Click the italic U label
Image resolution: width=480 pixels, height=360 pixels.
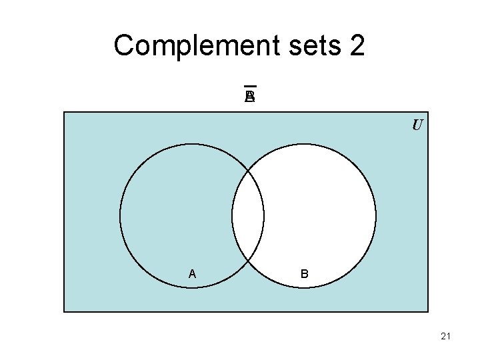tap(417, 125)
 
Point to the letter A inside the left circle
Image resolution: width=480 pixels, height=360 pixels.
tap(192, 273)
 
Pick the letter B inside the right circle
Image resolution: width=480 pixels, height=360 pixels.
tap(304, 273)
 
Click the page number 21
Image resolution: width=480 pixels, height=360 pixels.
tap(446, 337)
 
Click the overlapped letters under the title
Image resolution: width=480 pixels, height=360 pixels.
tap(250, 97)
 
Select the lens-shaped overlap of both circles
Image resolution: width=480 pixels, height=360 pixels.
tap(248, 216)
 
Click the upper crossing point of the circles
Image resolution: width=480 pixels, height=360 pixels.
tap(248, 170)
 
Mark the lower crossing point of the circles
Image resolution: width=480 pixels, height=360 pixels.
tap(248, 262)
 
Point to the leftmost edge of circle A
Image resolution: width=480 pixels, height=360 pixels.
tap(120, 216)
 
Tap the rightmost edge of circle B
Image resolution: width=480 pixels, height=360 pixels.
tap(376, 216)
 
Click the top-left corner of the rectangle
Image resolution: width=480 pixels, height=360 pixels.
tap(64, 112)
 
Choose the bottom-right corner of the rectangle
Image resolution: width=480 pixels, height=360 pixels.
tap(427, 311)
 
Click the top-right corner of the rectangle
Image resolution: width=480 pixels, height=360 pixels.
tap(427, 112)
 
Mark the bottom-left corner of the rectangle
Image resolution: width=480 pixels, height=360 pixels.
tap(64, 311)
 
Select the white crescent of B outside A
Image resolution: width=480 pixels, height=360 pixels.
tap(320, 216)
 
